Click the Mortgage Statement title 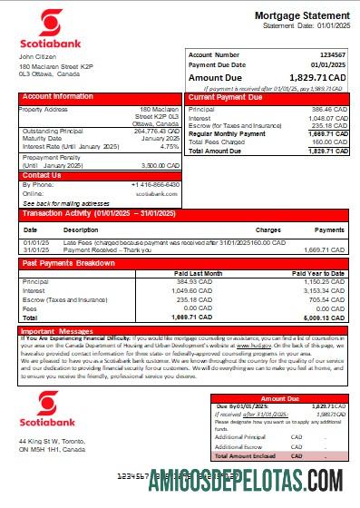302,16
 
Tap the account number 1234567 331,55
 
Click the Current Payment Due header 226,96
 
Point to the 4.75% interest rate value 169,146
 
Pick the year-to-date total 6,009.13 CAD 328,318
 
